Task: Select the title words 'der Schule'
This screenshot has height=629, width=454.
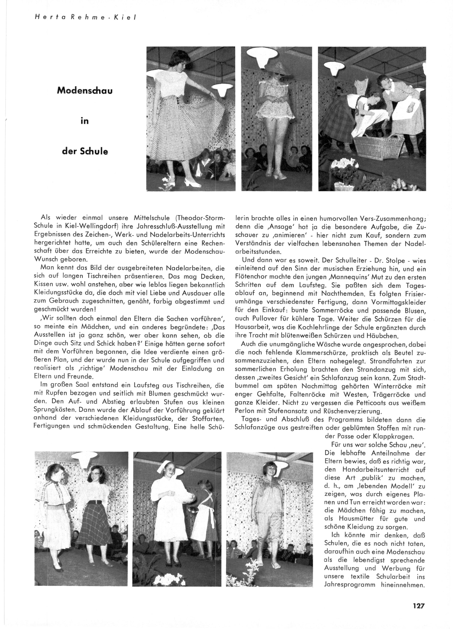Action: coord(85,151)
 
